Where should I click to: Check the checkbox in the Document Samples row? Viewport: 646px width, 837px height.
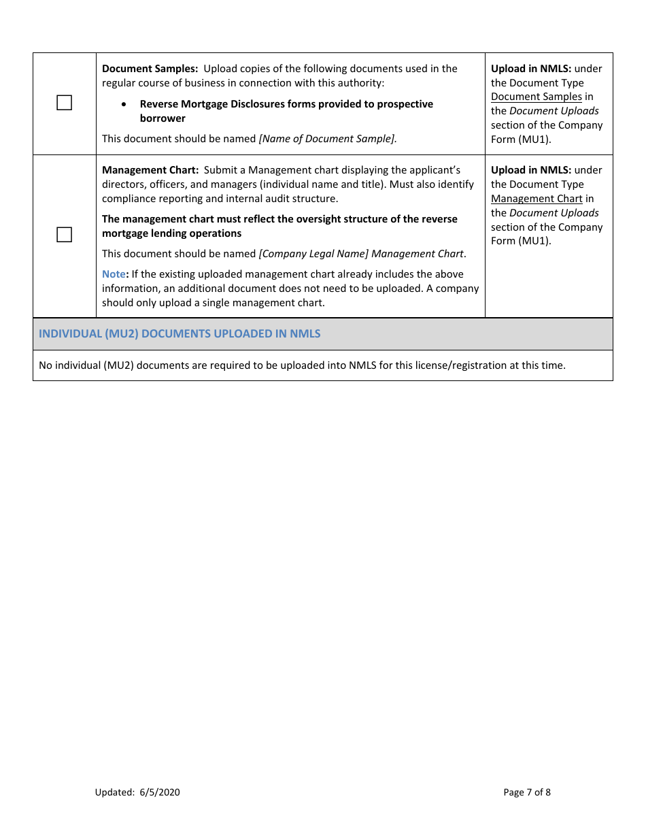64,103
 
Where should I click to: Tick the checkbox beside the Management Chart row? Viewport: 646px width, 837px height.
64,235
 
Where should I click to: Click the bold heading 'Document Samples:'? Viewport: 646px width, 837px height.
150,69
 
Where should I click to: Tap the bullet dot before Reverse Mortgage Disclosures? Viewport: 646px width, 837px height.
123,104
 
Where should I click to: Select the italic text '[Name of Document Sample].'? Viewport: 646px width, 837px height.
328,139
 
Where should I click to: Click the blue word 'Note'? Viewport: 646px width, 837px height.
114,274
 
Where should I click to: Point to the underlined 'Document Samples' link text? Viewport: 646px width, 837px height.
537,97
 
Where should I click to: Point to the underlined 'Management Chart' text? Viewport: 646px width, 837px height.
537,199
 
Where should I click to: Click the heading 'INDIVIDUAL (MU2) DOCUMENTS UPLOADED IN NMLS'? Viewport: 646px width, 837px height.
180,333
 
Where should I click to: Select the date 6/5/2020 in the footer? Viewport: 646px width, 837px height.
160,792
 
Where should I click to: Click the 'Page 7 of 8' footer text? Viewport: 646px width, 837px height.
527,792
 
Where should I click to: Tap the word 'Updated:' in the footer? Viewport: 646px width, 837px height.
115,792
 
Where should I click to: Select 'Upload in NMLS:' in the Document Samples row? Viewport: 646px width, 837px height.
531,69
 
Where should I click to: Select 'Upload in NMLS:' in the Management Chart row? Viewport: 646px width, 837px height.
531,170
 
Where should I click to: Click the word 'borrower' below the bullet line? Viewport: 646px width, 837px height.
163,118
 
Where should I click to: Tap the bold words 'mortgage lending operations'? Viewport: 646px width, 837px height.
171,233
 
